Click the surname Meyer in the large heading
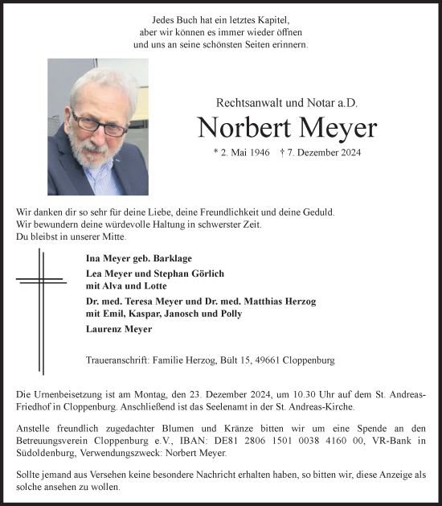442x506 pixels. pos(331,129)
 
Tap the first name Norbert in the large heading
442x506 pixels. pos(239,129)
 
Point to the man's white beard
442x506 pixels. pos(91,153)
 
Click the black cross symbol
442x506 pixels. pos(40,282)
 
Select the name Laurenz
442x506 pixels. pos(106,329)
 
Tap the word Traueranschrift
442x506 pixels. pos(115,361)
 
